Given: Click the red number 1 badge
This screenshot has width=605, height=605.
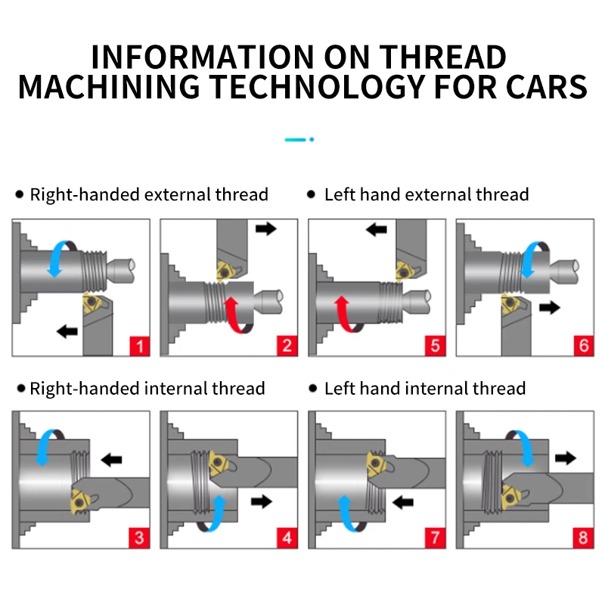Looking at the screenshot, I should (139, 346).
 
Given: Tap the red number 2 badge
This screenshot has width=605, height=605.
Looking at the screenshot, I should (287, 346).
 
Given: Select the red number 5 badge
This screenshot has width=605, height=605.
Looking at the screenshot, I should (434, 346).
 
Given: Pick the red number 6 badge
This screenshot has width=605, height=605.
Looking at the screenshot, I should (582, 346).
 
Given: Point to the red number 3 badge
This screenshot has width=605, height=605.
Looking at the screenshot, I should (139, 539).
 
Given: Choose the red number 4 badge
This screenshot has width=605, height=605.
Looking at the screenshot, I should (287, 539).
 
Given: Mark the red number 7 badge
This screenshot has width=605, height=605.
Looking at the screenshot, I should (434, 539).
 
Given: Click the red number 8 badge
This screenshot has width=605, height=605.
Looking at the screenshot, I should (582, 539).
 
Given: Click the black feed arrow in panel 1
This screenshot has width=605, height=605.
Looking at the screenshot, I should (67, 330).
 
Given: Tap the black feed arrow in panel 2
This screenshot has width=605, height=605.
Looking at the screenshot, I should (266, 228).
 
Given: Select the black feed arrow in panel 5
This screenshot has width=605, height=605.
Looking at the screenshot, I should (377, 228).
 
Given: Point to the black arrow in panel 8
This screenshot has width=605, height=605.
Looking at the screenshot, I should (565, 458).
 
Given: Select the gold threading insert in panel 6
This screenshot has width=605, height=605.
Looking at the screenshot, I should (512, 310).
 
